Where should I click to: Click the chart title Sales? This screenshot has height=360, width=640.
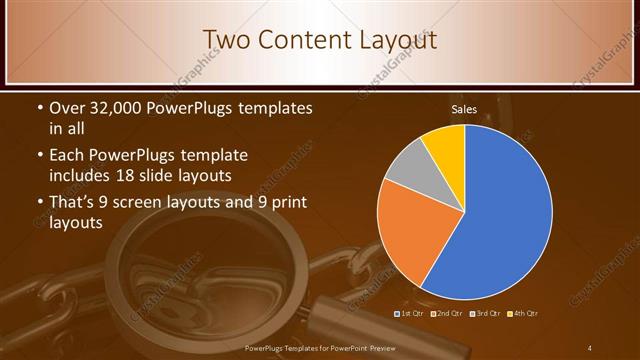[x=464, y=109]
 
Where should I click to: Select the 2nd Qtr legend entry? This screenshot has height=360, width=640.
[x=448, y=314]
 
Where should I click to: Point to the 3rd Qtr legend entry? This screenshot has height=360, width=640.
[x=485, y=314]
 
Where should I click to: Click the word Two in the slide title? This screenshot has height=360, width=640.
[x=225, y=39]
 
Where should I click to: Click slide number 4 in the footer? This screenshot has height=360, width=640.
[x=590, y=347]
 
